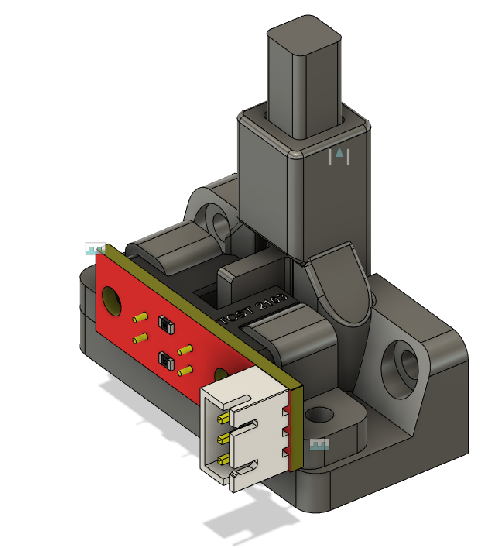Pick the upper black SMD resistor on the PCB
coord(166,325)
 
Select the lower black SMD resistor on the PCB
coord(166,360)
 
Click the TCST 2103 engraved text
coord(253,309)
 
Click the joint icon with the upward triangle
coord(339,156)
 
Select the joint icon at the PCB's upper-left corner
coord(95,249)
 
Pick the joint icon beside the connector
coord(320,445)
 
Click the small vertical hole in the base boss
coord(319,415)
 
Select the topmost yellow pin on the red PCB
coord(140,318)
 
